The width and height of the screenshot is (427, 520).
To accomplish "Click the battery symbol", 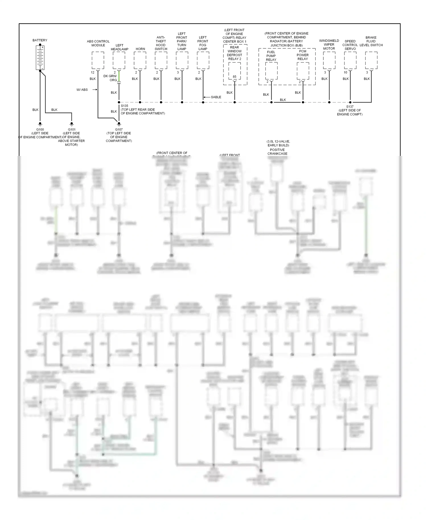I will pos(40,58).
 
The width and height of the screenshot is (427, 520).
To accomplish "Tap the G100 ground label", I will pos(40,130).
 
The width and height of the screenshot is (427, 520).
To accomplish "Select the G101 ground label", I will pos(72,130).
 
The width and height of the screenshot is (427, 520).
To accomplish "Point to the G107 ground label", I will pos(119,130).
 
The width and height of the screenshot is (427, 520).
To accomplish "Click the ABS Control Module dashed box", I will pos(98,60).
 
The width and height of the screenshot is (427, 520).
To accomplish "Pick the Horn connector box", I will pos(140,60).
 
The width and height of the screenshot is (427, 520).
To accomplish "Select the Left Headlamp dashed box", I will pos(119,60).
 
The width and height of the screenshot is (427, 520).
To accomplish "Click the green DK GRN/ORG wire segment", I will pos(119,76).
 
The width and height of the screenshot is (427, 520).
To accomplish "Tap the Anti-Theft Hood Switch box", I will pos(161,60).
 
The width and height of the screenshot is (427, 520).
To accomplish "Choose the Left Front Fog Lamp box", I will pos(203,60).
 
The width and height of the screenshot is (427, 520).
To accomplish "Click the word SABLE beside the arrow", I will pos(216,97).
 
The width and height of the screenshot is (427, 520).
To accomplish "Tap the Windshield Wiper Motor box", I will pos(329,60).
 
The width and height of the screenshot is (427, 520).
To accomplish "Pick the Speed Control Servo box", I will pos(350,60).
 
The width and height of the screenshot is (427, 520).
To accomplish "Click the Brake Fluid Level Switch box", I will pos(371,60).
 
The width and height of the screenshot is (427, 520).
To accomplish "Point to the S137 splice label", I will pos(350,107).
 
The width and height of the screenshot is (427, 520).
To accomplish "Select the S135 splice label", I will pos(124,106).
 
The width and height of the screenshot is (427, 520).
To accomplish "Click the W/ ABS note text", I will pos(82,90).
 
